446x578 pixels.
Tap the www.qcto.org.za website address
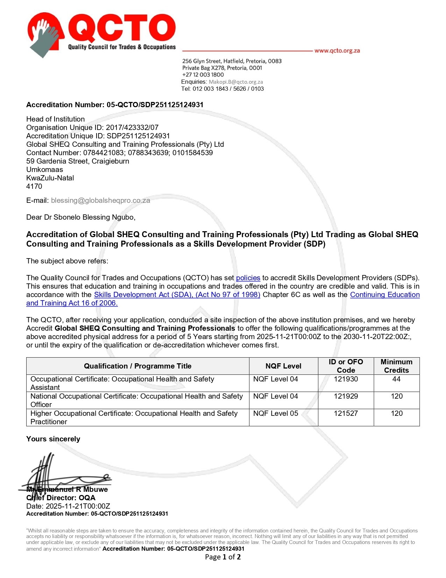[x=337, y=51]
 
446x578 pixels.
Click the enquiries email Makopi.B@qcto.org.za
[x=236, y=82]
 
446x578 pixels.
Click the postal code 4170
[x=34, y=186]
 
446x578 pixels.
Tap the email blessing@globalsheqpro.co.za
[x=100, y=200]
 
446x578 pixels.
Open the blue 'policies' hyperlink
[x=248, y=278]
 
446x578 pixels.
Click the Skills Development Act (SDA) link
[x=177, y=295]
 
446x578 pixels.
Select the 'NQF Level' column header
[x=283, y=366]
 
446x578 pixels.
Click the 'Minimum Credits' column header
[x=396, y=366]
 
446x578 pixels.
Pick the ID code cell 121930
[x=346, y=379]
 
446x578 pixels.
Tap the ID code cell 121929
[x=346, y=396]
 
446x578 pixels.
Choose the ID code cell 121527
[x=346, y=413]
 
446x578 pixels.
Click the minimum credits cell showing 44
[x=396, y=379]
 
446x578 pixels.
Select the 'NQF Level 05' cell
[x=276, y=413]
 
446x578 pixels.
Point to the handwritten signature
[x=63, y=473]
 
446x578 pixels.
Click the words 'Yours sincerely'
[x=53, y=439]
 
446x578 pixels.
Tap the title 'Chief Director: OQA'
[x=61, y=498]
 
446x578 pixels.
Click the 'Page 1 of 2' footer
[x=223, y=557]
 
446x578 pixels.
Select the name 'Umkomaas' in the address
[x=45, y=170]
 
